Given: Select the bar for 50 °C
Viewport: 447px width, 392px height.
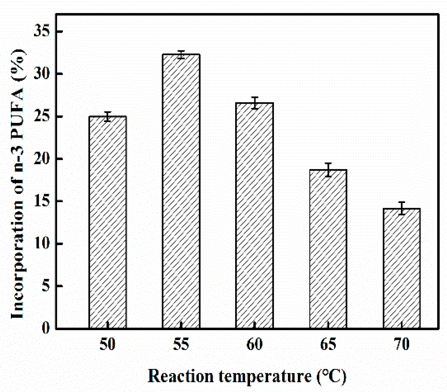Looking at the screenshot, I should (x=108, y=222).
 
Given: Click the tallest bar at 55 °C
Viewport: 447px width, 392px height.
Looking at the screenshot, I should (x=181, y=191).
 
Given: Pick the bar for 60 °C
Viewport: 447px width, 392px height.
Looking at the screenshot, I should (x=255, y=215).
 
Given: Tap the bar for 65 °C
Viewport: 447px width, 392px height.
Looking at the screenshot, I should (x=328, y=249).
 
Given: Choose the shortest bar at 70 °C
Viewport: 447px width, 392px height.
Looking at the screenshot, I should (x=402, y=268).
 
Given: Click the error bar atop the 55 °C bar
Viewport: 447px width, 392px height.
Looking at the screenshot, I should (x=181, y=55).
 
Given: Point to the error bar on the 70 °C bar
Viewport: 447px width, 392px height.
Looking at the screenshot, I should (x=402, y=208).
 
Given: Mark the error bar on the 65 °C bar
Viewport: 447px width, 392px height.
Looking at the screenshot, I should (x=328, y=170).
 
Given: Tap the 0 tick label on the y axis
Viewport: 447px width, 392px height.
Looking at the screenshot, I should (x=46, y=328).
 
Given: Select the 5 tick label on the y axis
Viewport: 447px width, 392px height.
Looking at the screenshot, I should (x=46, y=286).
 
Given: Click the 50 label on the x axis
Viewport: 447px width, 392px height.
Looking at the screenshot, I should (x=108, y=344).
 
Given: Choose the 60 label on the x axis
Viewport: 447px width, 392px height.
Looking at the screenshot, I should (x=255, y=344).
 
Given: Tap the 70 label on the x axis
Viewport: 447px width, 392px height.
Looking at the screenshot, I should (x=402, y=344).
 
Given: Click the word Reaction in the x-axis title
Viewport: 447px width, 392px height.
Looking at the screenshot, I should (x=181, y=376).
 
